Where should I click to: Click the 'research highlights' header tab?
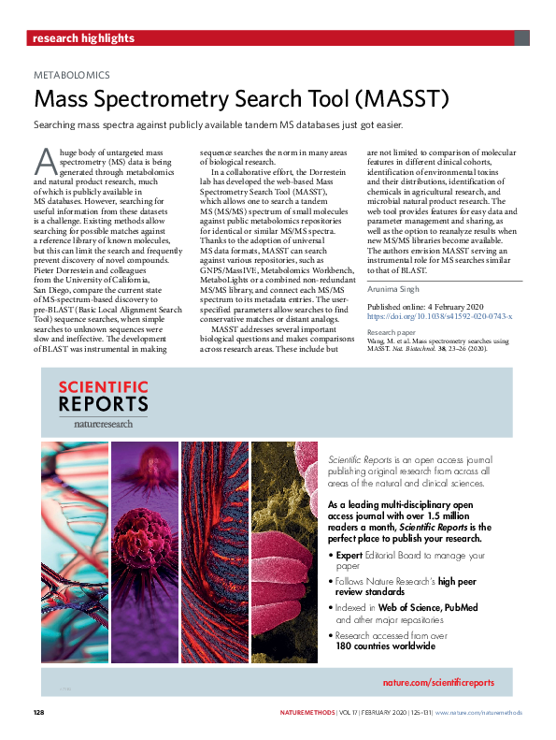click(x=83, y=38)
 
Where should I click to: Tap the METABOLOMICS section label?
click(x=71, y=75)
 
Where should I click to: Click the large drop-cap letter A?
click(x=43, y=163)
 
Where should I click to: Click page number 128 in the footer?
click(x=39, y=712)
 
